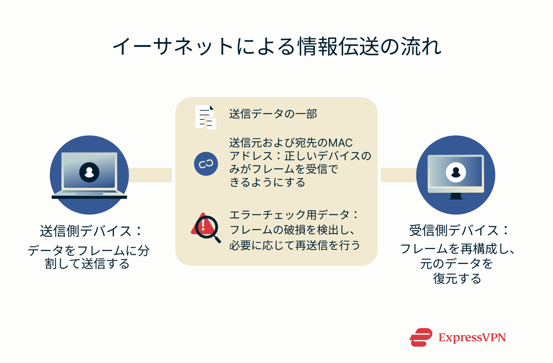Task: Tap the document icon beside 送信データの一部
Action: (205, 117)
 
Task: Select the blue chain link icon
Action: (206, 164)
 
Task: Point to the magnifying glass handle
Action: (218, 240)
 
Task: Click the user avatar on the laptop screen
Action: (89, 172)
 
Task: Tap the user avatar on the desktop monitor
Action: (456, 172)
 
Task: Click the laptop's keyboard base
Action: (89, 196)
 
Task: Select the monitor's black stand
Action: (456, 196)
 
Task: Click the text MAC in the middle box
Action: (340, 143)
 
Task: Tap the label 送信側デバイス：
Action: (90, 231)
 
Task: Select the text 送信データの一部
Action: (273, 114)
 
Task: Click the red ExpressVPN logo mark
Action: (421, 337)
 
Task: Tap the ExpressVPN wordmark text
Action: (472, 337)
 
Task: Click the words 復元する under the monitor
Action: (457, 278)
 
